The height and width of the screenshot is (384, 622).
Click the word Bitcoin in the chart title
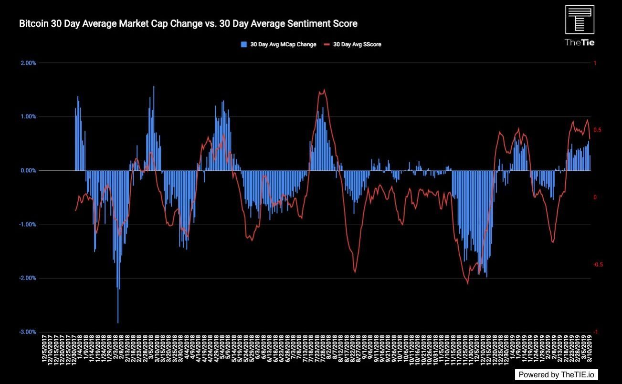pyautogui.click(x=34, y=23)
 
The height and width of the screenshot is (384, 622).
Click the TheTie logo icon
pyautogui.click(x=580, y=20)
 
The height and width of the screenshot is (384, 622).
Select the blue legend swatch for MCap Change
pyautogui.click(x=244, y=44)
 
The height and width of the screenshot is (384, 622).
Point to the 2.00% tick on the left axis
pyautogui.click(x=27, y=63)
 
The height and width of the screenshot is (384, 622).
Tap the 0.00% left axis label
pyautogui.click(x=27, y=171)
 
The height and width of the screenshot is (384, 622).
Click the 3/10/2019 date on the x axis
pyautogui.click(x=590, y=350)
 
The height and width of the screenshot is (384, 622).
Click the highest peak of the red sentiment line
pyautogui.click(x=325, y=90)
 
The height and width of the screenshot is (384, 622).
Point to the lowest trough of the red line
pyautogui.click(x=467, y=283)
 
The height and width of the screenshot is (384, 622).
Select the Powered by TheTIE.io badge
pyautogui.click(x=557, y=374)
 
